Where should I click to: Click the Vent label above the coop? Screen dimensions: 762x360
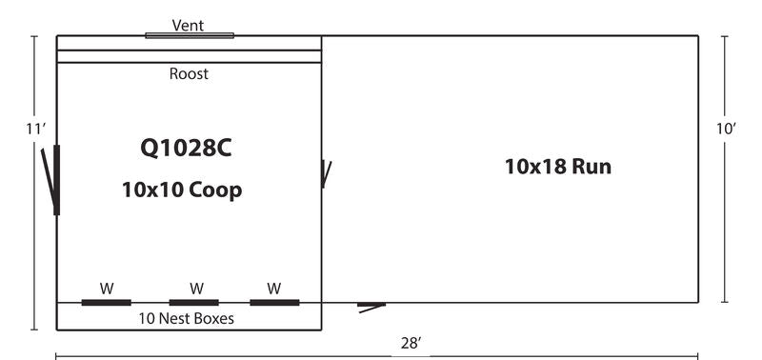pyautogui.click(x=189, y=24)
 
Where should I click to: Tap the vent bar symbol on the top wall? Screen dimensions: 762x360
pyautogui.click(x=189, y=36)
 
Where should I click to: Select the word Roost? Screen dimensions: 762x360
pyautogui.click(x=189, y=73)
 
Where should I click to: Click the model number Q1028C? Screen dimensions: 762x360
pyautogui.click(x=186, y=148)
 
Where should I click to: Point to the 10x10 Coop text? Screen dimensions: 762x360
pyautogui.click(x=182, y=190)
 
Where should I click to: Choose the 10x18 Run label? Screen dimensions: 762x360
pyautogui.click(x=557, y=167)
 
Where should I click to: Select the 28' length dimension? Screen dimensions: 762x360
pyautogui.click(x=411, y=344)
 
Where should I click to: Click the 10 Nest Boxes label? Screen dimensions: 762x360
pyautogui.click(x=187, y=318)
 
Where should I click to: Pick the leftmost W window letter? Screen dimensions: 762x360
pyautogui.click(x=107, y=288)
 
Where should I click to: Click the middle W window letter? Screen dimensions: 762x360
pyautogui.click(x=196, y=288)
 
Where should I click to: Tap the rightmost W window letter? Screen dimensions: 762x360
pyautogui.click(x=274, y=288)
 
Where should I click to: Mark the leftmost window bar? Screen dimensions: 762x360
pyautogui.click(x=107, y=303)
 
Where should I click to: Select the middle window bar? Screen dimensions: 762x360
pyautogui.click(x=193, y=303)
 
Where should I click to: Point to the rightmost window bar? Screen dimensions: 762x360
pyautogui.click(x=274, y=303)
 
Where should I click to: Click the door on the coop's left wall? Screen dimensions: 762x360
pyautogui.click(x=55, y=179)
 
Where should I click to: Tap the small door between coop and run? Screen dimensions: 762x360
pyautogui.click(x=326, y=173)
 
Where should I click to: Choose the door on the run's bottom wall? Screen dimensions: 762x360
pyautogui.click(x=371, y=306)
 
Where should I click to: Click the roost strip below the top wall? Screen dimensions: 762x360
pyautogui.click(x=189, y=56)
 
